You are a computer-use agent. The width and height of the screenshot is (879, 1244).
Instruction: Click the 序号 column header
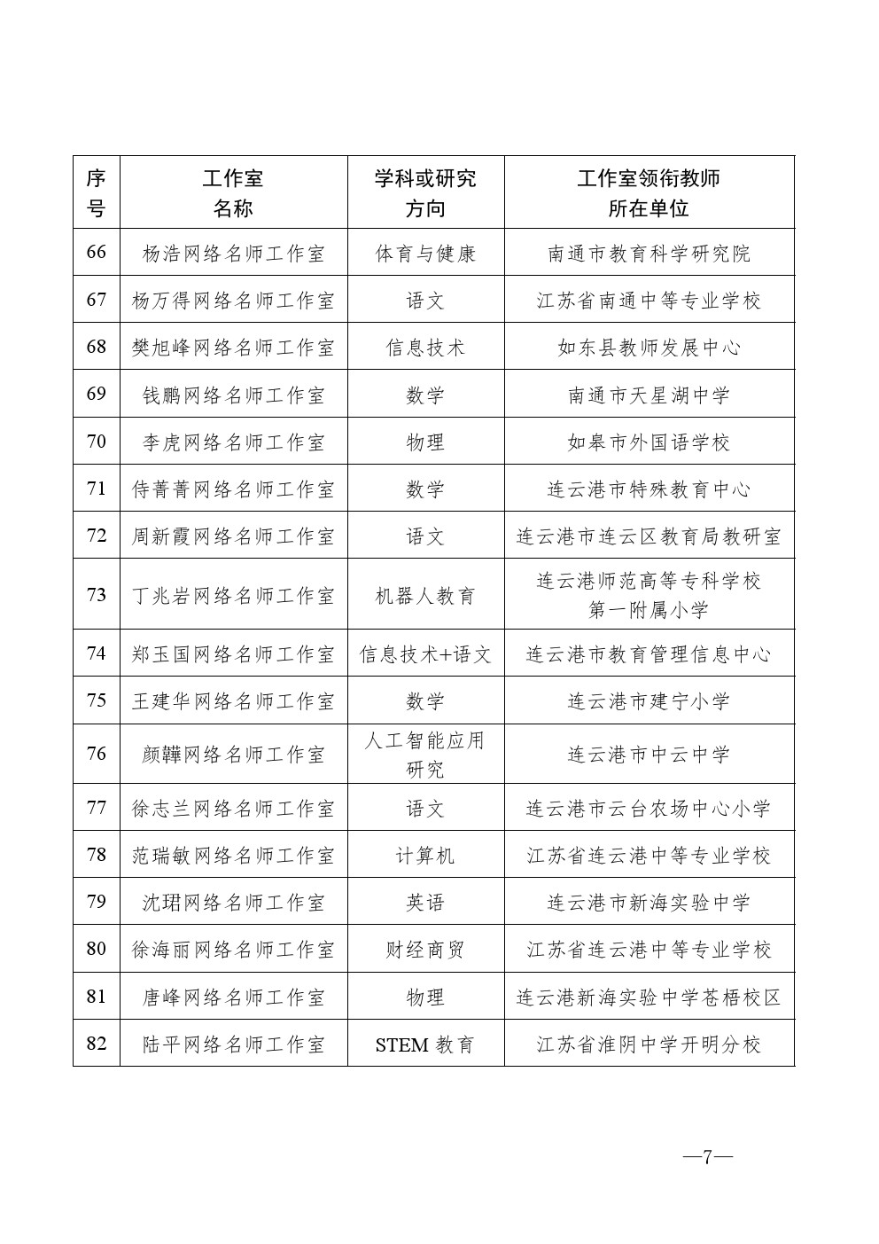tap(96, 192)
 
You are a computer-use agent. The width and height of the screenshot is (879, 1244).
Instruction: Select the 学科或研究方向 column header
tap(425, 192)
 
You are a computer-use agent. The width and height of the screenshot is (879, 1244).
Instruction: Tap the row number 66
tap(96, 253)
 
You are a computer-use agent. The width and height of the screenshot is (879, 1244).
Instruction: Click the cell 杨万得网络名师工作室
tap(233, 301)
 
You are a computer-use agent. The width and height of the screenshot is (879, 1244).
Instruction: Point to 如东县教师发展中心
tap(649, 348)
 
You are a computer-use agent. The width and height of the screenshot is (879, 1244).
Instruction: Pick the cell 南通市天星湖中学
tap(649, 395)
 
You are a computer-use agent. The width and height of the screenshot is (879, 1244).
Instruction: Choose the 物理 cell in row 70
tap(425, 442)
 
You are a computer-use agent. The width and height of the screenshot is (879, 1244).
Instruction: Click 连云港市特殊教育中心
tap(649, 489)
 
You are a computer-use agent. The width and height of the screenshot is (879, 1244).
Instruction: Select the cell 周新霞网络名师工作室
tap(233, 536)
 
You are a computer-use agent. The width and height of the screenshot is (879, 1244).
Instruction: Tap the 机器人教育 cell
tap(425, 595)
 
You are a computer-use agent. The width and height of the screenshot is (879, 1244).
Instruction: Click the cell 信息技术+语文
tap(425, 654)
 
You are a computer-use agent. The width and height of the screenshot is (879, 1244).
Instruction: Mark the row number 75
tap(96, 701)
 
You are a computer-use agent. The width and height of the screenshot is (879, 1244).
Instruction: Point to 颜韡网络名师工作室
tap(233, 755)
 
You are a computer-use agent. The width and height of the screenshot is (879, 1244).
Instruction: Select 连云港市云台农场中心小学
tap(649, 809)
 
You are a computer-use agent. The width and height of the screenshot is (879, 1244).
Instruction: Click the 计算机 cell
tap(425, 856)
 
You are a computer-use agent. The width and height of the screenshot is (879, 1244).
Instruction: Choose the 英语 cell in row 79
tap(425, 903)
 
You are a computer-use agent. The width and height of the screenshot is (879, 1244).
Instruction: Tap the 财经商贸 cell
tap(425, 950)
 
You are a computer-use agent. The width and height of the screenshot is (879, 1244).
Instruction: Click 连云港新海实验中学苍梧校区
tap(649, 998)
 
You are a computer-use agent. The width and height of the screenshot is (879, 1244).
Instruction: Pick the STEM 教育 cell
tap(425, 1044)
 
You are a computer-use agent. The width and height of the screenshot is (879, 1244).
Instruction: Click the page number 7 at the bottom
tap(707, 1157)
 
